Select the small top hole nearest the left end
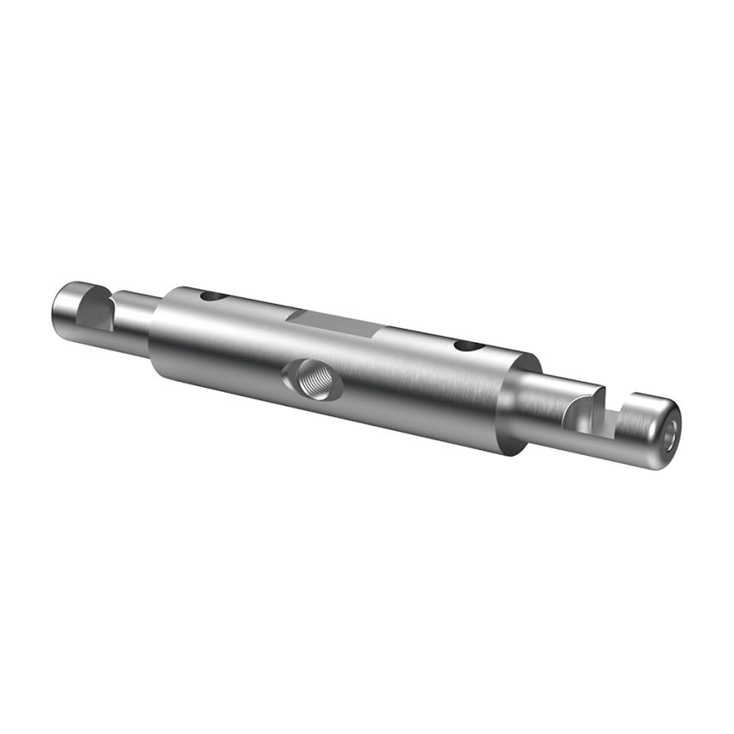pyautogui.click(x=212, y=296)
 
